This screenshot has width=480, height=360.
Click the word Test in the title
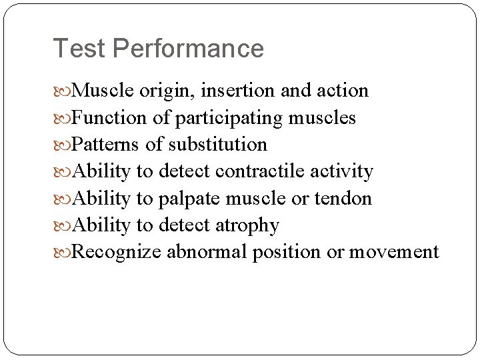pyautogui.click(x=79, y=49)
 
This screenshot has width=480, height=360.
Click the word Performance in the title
pyautogui.click(x=188, y=49)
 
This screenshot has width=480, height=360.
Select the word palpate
pyautogui.click(x=189, y=199)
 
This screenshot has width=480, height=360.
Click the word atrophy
pyautogui.click(x=247, y=225)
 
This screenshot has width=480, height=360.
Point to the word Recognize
pyautogui.click(x=117, y=252)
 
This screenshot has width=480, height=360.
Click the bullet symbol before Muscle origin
pyautogui.click(x=63, y=91)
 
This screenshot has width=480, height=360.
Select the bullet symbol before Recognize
pyautogui.click(x=63, y=253)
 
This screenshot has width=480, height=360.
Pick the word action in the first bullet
pyautogui.click(x=346, y=91)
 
